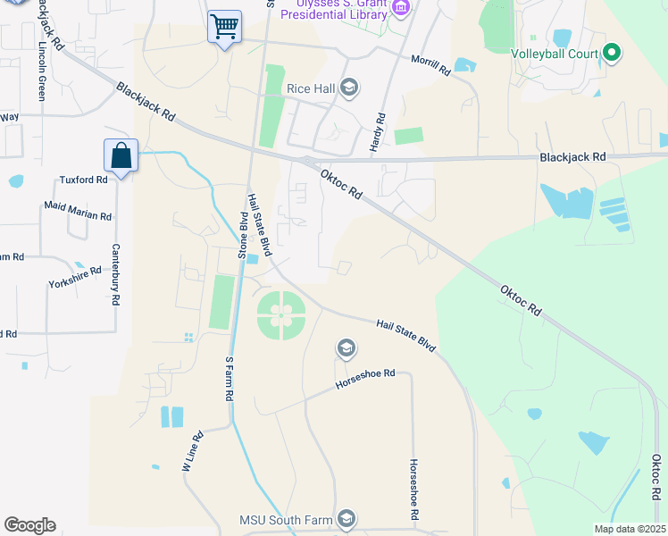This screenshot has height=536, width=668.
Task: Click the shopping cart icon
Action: pyautogui.click(x=224, y=25)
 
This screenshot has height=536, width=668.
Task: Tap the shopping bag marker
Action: pyautogui.click(x=121, y=156)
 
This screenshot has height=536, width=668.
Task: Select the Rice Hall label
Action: pyautogui.click(x=310, y=88)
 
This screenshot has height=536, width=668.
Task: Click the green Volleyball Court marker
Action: pyautogui.click(x=612, y=54)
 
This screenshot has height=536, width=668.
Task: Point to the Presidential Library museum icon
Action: pyautogui.click(x=401, y=9)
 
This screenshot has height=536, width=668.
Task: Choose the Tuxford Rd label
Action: pyautogui.click(x=83, y=179)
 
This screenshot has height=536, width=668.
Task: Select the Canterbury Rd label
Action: pyautogui.click(x=115, y=275)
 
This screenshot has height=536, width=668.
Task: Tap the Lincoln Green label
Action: pyautogui.click(x=41, y=70)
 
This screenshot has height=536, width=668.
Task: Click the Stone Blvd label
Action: pyautogui.click(x=242, y=235)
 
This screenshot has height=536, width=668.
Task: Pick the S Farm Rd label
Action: pyautogui.click(x=230, y=379)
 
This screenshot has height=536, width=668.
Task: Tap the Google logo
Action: pyautogui.click(x=29, y=525)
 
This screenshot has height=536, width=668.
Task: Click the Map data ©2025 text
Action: pyautogui.click(x=629, y=529)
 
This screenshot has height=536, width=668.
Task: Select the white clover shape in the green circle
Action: pyautogui.click(x=281, y=314)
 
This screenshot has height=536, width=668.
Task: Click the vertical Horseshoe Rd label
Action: pyautogui.click(x=413, y=490)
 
